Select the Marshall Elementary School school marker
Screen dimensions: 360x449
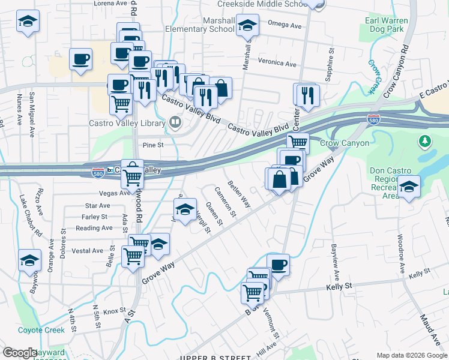pos(246,26)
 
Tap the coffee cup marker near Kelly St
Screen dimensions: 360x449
pos(277,264)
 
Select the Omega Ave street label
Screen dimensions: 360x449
pos(285,26)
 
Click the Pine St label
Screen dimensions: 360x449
pos(153,145)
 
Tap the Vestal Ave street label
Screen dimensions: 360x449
pos(88,251)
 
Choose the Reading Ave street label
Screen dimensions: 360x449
pos(94,228)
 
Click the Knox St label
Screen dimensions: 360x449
pos(113,311)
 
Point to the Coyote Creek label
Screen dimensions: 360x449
pos(41,330)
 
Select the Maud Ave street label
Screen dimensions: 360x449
pos(430,327)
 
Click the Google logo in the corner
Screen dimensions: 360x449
pos(20,353)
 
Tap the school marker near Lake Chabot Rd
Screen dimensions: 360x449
pos(29,260)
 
